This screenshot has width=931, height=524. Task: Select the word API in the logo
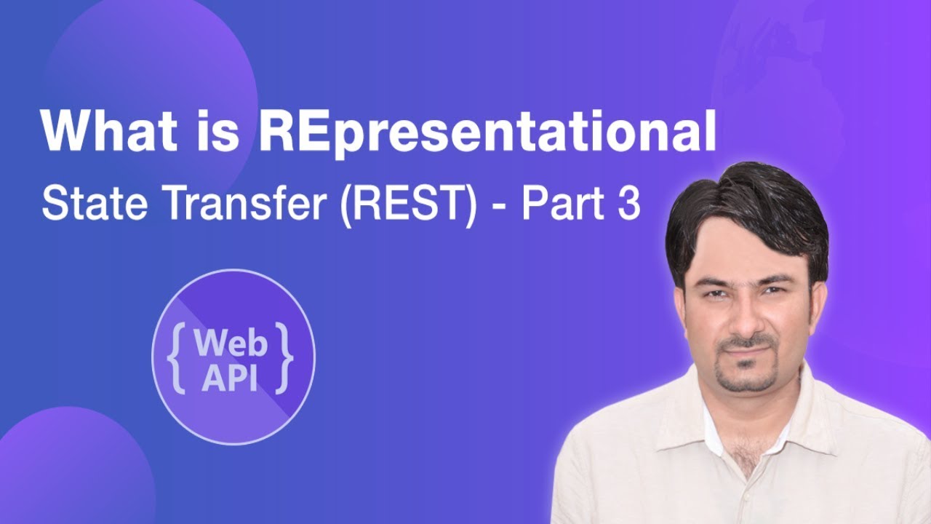[231, 377]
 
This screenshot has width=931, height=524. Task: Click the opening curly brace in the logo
[177, 357]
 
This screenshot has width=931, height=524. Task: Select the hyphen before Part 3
[506, 207]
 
